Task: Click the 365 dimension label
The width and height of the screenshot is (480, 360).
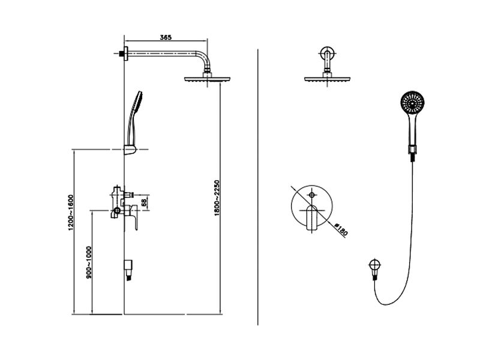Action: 166,38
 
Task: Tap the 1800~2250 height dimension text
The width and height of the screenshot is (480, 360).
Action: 217,198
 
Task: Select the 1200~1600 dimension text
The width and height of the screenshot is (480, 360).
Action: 71,212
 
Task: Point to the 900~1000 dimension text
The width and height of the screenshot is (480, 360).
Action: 89,262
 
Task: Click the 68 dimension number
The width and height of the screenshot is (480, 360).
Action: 143,202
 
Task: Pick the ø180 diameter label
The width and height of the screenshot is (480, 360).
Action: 341,230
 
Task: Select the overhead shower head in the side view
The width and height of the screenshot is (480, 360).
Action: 207,79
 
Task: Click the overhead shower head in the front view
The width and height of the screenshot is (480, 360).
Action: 327,79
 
